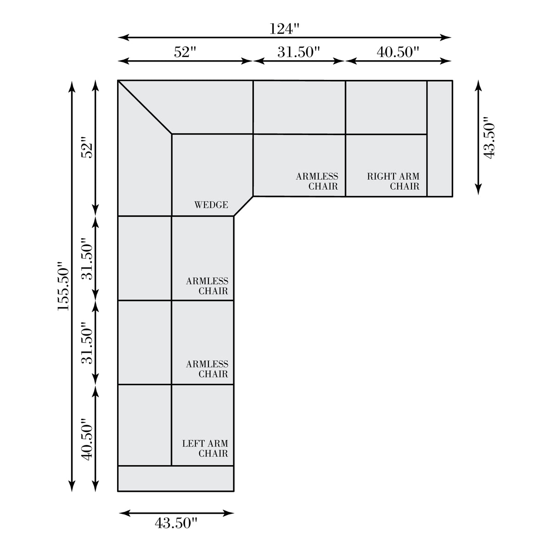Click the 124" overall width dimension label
coord(285,28)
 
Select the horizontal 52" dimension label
coord(185,52)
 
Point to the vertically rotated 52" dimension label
coord(87,148)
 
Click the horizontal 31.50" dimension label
coord(298,52)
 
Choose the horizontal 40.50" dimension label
coord(398,52)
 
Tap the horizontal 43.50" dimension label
coord(176,531)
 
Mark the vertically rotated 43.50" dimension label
coord(489,137)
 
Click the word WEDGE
coord(211,205)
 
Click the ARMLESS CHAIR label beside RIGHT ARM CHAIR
coord(317,181)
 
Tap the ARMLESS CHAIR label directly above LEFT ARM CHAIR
coord(207,369)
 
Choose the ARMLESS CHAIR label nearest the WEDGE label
coord(207,286)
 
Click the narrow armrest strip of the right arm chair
coord(440,139)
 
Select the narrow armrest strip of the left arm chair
coord(176,478)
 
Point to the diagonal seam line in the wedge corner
coord(145,107)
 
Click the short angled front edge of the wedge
coord(243,206)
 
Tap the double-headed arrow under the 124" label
coord(285,37)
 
